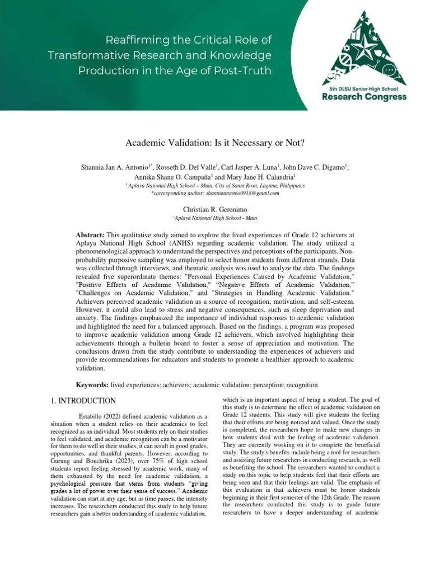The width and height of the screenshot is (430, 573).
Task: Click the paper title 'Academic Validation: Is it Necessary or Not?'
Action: tap(214, 143)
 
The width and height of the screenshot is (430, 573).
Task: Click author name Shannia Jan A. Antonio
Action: tap(116, 167)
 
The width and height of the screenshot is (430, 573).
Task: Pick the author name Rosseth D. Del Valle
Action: tap(183, 167)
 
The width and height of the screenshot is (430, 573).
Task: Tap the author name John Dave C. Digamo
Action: tap(312, 167)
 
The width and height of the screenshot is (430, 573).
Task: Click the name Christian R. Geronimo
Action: tap(214, 209)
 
